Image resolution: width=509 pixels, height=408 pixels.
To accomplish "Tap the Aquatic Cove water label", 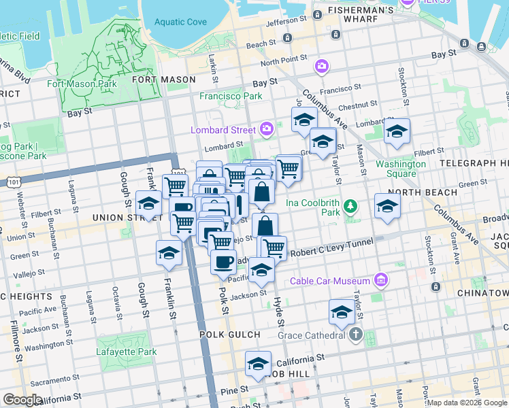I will click(180, 22).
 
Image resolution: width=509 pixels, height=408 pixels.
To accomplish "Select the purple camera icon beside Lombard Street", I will click(267, 129).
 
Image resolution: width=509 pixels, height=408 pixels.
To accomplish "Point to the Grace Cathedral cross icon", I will click(356, 335).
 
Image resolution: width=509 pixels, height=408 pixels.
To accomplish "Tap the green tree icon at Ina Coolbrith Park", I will click(350, 205).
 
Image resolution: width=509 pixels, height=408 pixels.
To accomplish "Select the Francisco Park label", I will click(231, 96).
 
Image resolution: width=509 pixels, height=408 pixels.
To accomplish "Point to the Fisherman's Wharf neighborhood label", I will click(361, 10).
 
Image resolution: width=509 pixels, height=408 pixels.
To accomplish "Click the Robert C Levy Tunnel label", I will click(332, 248).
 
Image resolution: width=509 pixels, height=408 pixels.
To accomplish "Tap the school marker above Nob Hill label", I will click(258, 364).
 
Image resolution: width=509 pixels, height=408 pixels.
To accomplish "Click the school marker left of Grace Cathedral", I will click(342, 311).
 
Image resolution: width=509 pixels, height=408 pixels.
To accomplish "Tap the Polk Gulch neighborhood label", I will click(230, 335).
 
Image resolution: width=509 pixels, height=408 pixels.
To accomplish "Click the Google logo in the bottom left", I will click(22, 400).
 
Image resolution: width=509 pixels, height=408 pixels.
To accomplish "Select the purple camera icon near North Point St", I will click(321, 66).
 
